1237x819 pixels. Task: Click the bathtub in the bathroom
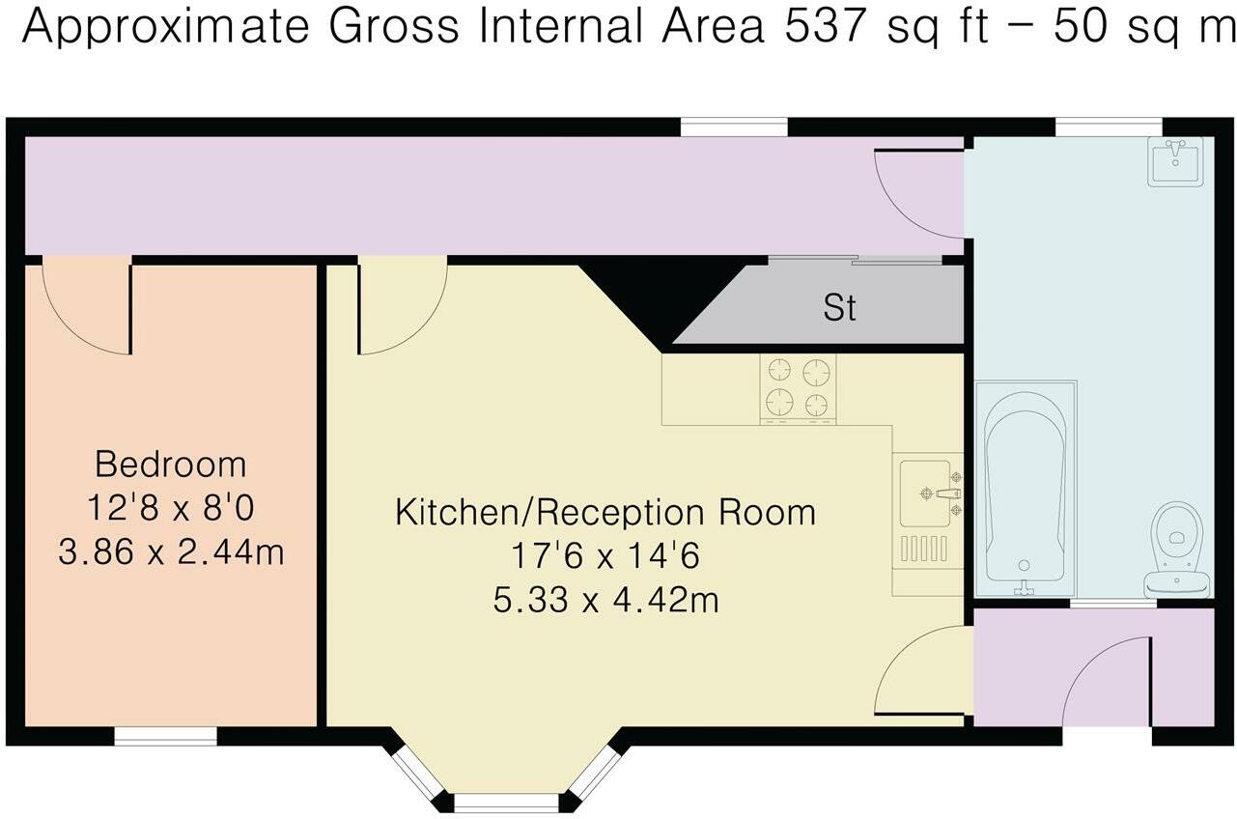click(1026, 488)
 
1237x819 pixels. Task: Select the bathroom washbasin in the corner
click(1174, 160)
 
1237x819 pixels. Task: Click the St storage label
click(839, 308)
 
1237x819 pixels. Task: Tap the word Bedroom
click(171, 465)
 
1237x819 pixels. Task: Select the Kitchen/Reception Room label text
click(605, 511)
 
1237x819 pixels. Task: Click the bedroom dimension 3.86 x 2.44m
click(171, 553)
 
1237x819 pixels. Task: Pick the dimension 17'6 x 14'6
click(605, 556)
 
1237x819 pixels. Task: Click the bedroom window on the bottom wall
click(165, 736)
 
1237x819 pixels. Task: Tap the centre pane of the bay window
click(506, 802)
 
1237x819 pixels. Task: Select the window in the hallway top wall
click(734, 127)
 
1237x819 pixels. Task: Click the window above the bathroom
click(1108, 127)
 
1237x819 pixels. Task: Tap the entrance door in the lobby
click(1110, 681)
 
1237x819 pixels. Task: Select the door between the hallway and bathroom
click(917, 193)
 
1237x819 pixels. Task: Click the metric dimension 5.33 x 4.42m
click(605, 601)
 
